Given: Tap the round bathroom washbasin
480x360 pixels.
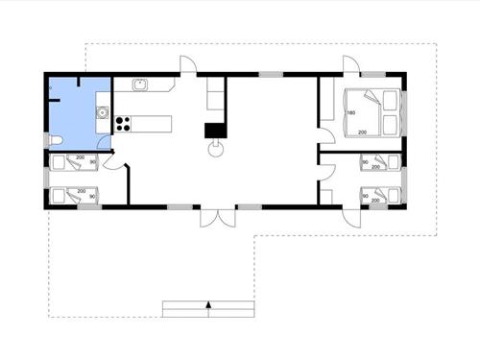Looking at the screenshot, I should (x=100, y=113).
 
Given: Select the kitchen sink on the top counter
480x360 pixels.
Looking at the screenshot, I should (x=140, y=85).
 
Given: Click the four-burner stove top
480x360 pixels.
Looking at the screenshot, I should (x=123, y=123).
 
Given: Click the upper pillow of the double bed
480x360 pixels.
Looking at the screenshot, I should (x=390, y=98).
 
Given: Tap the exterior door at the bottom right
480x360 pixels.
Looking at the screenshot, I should (x=349, y=214).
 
